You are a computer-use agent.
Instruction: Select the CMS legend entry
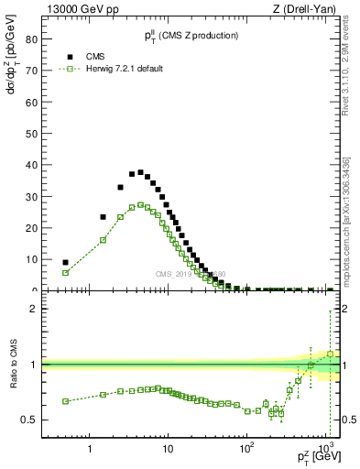(x=93, y=56)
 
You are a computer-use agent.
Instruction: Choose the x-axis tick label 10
(x=167, y=450)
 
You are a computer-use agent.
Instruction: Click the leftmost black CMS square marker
(x=65, y=262)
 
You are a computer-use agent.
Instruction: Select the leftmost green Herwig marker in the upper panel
(x=65, y=273)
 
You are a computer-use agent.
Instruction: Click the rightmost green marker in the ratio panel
(x=330, y=354)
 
